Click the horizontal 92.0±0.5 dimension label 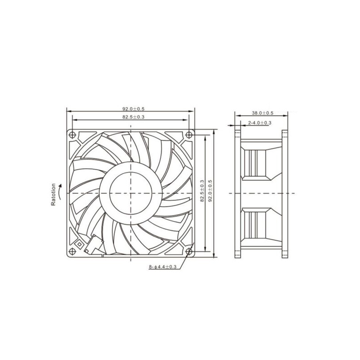point(133,109)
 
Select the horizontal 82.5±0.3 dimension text point(133,117)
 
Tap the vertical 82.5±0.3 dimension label point(202,191)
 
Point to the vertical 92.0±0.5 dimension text point(210,191)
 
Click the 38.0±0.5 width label point(263,113)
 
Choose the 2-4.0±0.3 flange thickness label point(260,123)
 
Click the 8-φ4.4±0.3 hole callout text point(162,267)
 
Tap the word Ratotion point(53,194)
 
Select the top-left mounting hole point(72,135)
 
